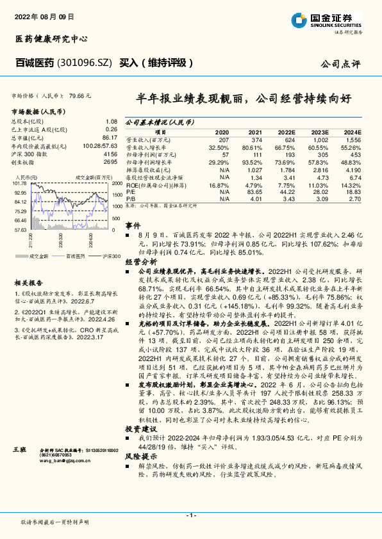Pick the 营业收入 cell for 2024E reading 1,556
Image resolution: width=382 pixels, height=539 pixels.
(352, 139)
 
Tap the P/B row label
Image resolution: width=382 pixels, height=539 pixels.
(130, 198)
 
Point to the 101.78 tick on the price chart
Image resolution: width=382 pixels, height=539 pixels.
(20, 184)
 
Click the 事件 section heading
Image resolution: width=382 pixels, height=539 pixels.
(133, 225)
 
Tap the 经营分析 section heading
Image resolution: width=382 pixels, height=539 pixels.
(140, 262)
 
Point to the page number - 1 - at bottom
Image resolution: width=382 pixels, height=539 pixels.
(190, 515)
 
